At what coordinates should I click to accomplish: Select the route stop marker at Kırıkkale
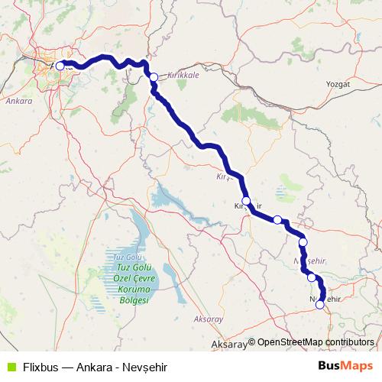(153, 76)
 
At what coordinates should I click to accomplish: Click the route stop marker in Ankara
(60, 66)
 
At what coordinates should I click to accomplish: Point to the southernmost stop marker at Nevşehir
(319, 304)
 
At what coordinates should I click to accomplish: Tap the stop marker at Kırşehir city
(245, 201)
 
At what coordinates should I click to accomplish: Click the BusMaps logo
(351, 366)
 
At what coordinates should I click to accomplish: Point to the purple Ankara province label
(18, 101)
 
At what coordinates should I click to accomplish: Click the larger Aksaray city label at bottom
(229, 345)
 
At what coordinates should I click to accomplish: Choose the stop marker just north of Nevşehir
(311, 277)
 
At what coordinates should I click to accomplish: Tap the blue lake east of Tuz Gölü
(172, 200)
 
